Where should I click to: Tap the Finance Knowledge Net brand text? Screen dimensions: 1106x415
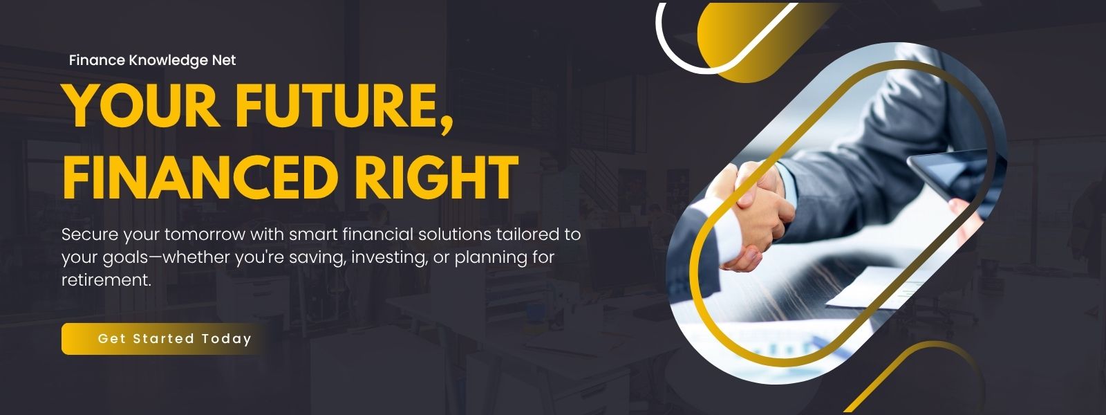coord(152,60)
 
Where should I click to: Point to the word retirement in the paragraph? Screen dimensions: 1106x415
coord(106,280)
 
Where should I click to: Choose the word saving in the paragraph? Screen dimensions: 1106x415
coord(317,258)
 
